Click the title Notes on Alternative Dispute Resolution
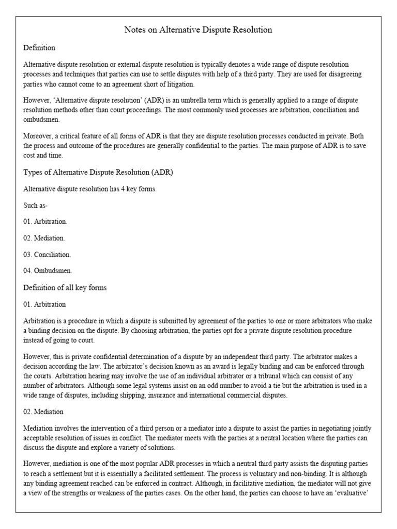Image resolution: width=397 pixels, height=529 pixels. click(198, 30)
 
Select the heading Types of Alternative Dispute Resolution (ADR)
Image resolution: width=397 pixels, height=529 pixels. click(98, 172)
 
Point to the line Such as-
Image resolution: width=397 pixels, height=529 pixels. click(36, 205)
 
